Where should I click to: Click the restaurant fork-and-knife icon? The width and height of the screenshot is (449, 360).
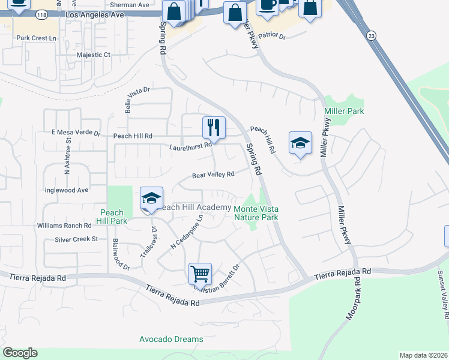(x=214, y=127)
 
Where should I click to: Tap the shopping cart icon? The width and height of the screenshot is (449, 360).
(x=200, y=273)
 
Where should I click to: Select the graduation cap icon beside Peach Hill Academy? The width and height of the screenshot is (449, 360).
(x=152, y=198)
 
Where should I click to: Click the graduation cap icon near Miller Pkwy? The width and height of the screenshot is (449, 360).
(x=300, y=143)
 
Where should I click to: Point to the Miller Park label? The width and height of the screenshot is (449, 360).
(x=344, y=112)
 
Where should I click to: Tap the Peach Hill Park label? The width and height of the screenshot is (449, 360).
(x=112, y=217)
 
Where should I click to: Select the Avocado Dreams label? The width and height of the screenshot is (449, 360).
(x=171, y=339)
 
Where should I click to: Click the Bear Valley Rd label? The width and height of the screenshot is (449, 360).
(x=212, y=175)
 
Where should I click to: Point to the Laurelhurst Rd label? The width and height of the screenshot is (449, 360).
(x=190, y=146)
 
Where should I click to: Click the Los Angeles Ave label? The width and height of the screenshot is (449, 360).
(x=89, y=14)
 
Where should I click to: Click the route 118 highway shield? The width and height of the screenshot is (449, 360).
(x=41, y=14)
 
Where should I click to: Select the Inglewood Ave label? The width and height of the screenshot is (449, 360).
(x=67, y=190)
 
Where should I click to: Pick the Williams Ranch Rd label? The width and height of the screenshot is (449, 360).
(x=64, y=226)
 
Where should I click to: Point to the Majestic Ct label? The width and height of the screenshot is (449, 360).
(x=94, y=55)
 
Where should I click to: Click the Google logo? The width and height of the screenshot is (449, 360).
(x=20, y=353)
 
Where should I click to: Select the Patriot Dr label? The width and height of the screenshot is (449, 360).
(x=277, y=36)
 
